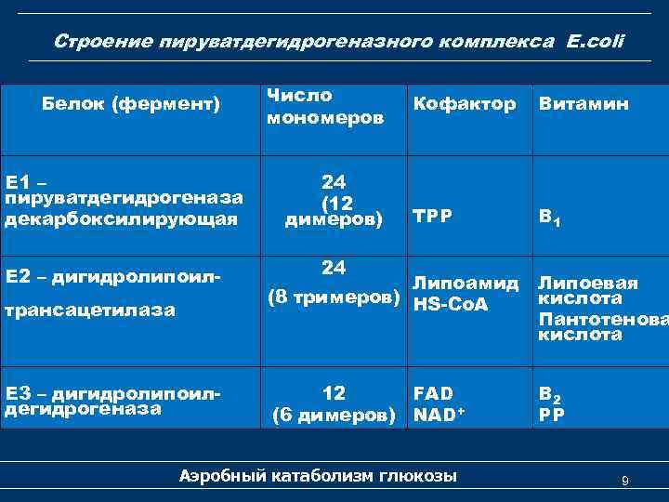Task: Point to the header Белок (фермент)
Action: (x=131, y=104)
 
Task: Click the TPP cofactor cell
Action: (x=432, y=215)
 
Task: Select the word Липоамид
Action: (x=466, y=283)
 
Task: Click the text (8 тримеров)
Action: (x=336, y=298)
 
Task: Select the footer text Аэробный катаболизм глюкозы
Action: (x=318, y=476)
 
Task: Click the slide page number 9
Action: (x=625, y=481)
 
